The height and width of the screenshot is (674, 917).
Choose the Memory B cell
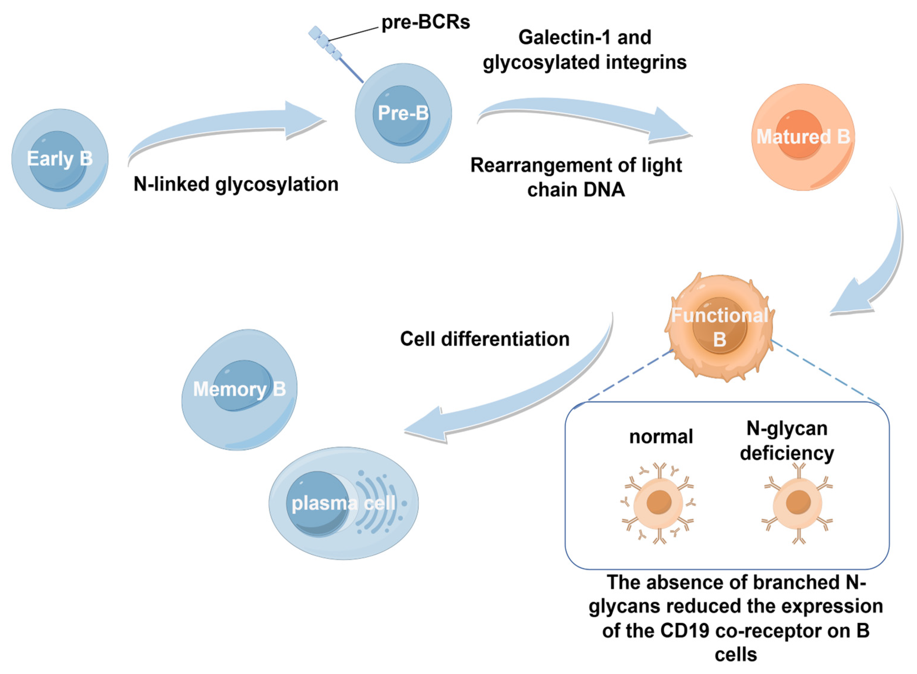240,390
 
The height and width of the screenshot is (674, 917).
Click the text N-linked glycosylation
236,184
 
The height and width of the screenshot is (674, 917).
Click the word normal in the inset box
660,437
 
